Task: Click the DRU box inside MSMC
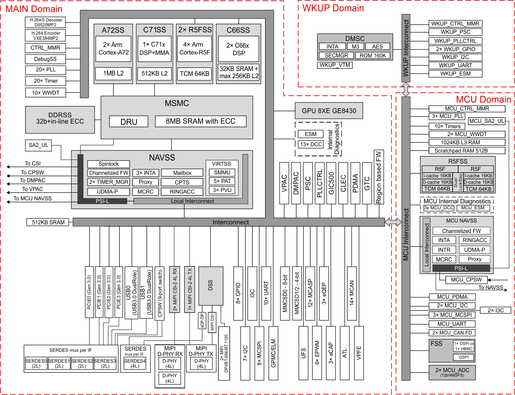(129, 122)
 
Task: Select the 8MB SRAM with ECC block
(200, 121)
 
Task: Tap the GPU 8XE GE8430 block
(329, 111)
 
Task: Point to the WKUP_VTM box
(335, 65)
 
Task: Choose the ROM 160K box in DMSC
(373, 56)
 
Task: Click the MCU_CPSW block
(466, 280)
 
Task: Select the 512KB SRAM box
(48, 222)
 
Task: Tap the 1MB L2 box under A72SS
(113, 73)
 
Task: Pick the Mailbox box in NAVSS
(182, 173)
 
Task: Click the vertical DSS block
(210, 286)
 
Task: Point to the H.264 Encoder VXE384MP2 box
(45, 36)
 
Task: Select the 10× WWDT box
(45, 93)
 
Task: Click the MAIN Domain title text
(34, 9)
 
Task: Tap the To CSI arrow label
(32, 163)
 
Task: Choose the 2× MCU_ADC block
(452, 372)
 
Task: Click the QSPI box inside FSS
(463, 357)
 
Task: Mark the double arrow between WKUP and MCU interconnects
(406, 89)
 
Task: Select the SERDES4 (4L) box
(135, 363)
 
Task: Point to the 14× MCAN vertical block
(352, 293)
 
